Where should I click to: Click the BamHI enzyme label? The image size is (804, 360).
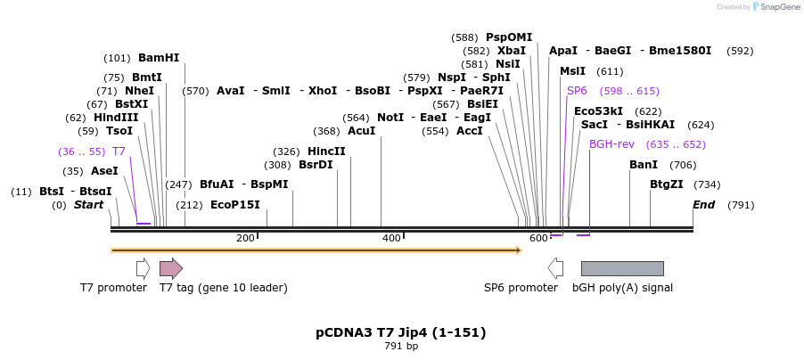tap(159, 58)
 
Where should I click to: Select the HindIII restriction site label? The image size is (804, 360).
tap(116, 118)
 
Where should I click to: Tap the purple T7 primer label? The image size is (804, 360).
tap(119, 151)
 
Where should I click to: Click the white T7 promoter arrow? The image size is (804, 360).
tap(143, 268)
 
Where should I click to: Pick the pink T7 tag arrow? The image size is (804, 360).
tap(170, 268)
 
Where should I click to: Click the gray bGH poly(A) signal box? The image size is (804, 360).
tap(622, 268)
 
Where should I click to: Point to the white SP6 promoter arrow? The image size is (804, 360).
tap(556, 268)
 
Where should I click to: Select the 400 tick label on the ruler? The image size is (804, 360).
tap(391, 238)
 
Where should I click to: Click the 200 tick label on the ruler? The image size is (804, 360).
tap(245, 238)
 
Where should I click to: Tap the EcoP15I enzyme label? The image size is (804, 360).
tap(235, 205)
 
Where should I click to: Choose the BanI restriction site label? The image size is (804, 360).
tap(644, 165)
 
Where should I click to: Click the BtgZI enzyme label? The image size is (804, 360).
tap(666, 184)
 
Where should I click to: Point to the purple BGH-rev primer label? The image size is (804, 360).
tap(611, 144)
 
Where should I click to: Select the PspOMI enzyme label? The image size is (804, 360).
tap(509, 37)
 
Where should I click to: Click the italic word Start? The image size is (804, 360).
tap(88, 205)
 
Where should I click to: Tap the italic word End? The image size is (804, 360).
tap(704, 205)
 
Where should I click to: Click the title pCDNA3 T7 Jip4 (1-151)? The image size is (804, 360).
tap(401, 332)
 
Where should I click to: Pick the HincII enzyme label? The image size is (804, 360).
tap(326, 151)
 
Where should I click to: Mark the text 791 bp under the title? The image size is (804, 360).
tap(401, 347)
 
